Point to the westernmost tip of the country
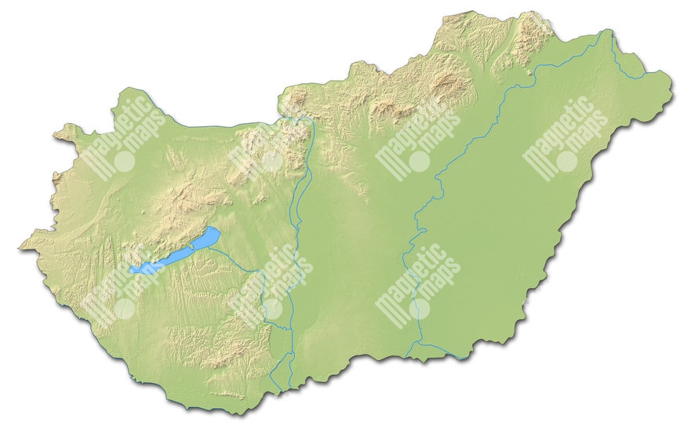pyautogui.click(x=20, y=249)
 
